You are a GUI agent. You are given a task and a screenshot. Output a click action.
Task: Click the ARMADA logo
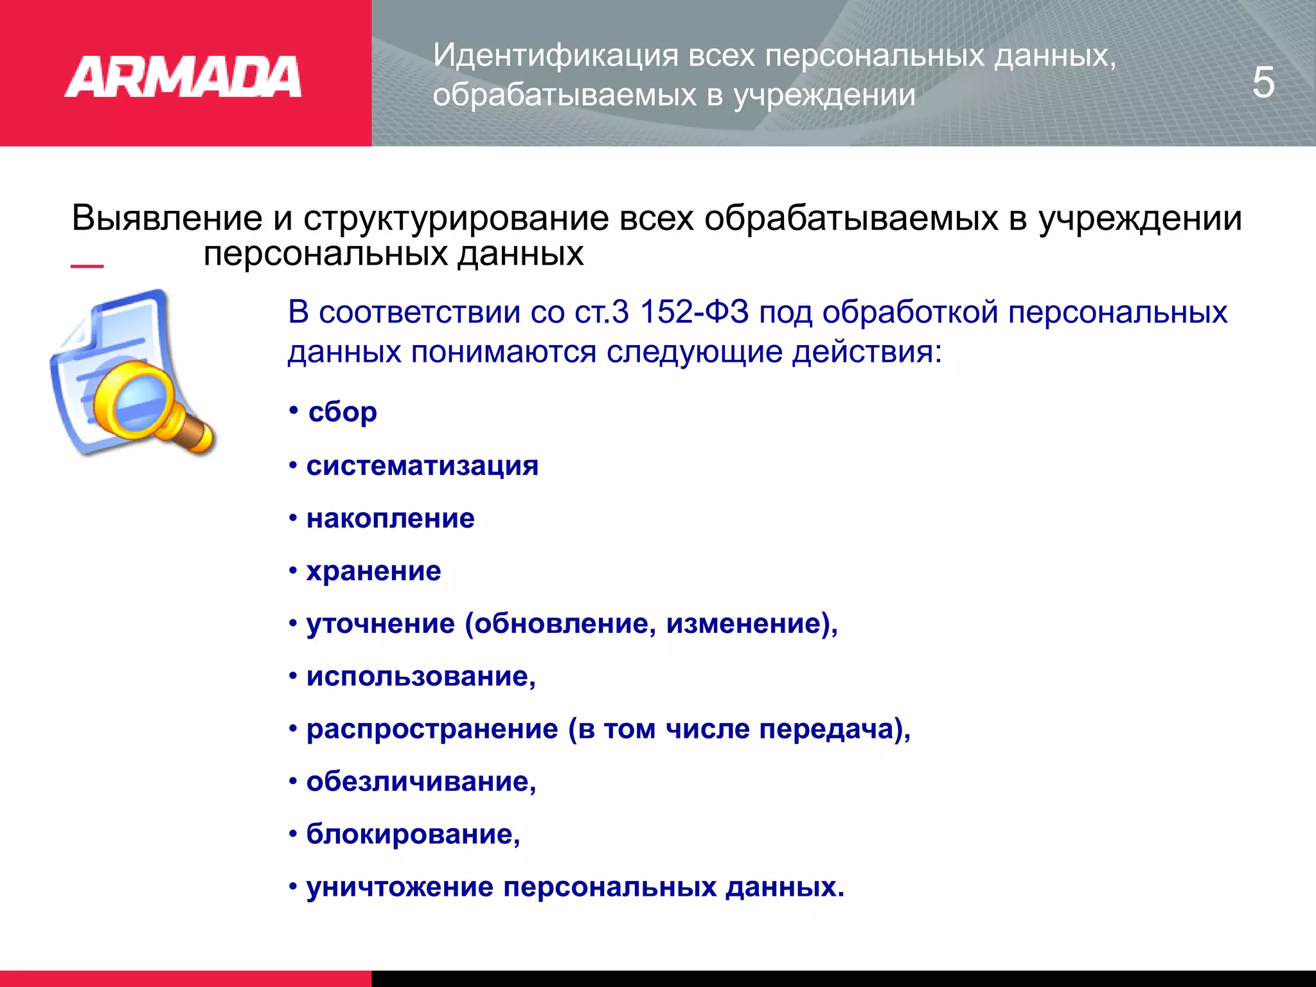coord(182,77)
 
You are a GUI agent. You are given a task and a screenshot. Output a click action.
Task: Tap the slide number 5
coord(1263,82)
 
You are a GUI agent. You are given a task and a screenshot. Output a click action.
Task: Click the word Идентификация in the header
coord(555,55)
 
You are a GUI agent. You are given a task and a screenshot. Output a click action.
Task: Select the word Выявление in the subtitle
coord(167,218)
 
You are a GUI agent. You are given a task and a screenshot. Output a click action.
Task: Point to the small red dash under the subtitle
coord(87,265)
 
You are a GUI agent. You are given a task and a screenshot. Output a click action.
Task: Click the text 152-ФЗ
coord(694,312)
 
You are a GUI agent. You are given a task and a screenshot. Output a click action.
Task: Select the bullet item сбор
coord(342,412)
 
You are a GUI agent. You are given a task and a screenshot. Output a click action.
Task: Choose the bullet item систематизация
coord(422,465)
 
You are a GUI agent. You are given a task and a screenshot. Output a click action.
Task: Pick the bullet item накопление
coord(390,518)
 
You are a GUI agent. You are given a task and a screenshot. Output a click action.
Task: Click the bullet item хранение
coord(373,571)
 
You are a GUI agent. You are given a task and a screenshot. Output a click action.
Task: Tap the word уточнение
coord(380,624)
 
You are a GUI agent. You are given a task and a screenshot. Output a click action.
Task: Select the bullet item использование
coord(421,676)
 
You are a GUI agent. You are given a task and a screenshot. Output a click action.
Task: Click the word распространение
coord(432,729)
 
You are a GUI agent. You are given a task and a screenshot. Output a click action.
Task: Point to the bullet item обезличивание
coord(421,781)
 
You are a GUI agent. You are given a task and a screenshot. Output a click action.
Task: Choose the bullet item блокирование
coord(413,834)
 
